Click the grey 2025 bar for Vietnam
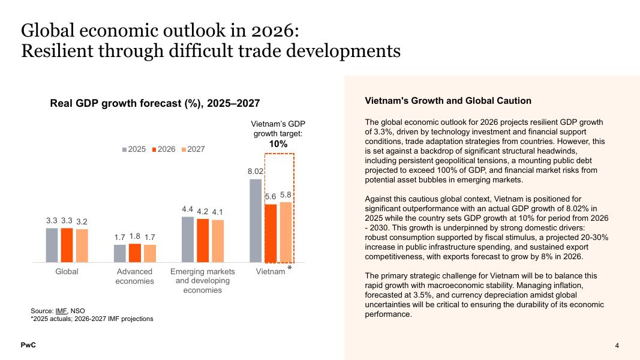coord(256,221)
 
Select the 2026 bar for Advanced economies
coord(135,253)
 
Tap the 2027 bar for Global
coord(82,246)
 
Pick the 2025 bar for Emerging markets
coord(188,239)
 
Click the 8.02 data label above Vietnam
coord(256,172)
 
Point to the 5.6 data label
coord(271,197)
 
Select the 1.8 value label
coord(135,236)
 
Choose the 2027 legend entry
coord(192,149)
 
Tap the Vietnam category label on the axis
coord(271,272)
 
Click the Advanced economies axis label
coord(135,277)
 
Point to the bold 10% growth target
coord(278,144)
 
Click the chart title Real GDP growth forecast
coord(155,103)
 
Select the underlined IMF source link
coord(61,311)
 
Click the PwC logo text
coord(28,346)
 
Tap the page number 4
coord(617,346)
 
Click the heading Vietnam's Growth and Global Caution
coord(447,101)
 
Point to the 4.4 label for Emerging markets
coord(188,209)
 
